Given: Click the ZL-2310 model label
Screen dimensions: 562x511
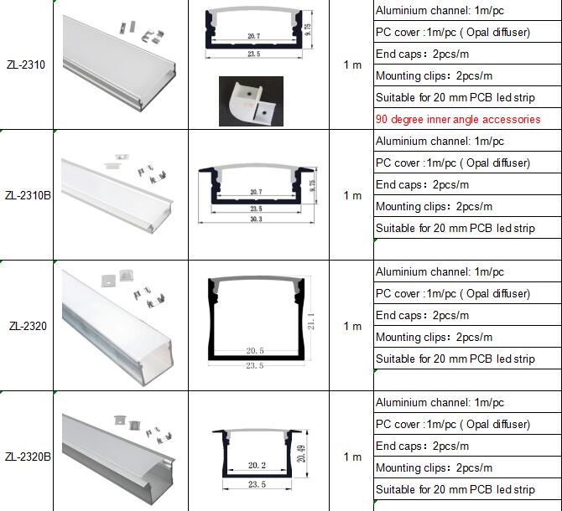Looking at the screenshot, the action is (x=26, y=65).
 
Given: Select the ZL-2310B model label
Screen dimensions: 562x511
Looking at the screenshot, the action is (x=28, y=195).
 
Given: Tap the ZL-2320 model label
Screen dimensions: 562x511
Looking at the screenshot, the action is (x=28, y=326).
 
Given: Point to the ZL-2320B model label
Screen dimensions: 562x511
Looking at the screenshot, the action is (x=28, y=457).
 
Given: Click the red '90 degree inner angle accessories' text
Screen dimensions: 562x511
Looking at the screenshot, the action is (x=458, y=119).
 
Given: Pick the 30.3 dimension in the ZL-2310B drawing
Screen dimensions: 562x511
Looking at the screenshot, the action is (x=256, y=219).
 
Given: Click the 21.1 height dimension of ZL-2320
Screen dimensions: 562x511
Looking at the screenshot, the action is (x=311, y=322).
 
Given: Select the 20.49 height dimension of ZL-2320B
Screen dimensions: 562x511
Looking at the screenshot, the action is (x=301, y=453).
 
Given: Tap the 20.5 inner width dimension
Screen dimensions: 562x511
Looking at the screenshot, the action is (x=255, y=351).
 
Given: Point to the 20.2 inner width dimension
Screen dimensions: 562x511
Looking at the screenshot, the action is (x=257, y=465).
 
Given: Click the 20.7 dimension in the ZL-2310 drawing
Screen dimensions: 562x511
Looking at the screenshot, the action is (x=254, y=36).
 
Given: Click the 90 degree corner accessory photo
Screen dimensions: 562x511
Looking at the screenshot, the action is (x=251, y=101).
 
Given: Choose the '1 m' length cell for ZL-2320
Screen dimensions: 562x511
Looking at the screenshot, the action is (x=352, y=326).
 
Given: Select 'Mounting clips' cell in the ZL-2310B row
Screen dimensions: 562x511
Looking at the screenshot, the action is (x=434, y=206).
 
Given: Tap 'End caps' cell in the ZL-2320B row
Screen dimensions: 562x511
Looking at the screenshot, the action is (x=422, y=446).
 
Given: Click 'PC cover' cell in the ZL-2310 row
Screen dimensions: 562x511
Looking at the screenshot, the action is (x=453, y=32).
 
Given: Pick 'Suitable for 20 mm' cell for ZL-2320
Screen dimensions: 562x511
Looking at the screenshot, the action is (x=455, y=359).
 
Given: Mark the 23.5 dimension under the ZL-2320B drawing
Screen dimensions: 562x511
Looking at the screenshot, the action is (x=257, y=484).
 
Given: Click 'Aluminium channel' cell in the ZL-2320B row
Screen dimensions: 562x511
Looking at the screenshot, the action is (x=440, y=403).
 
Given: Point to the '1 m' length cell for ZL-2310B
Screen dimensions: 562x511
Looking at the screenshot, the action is (x=352, y=195).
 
